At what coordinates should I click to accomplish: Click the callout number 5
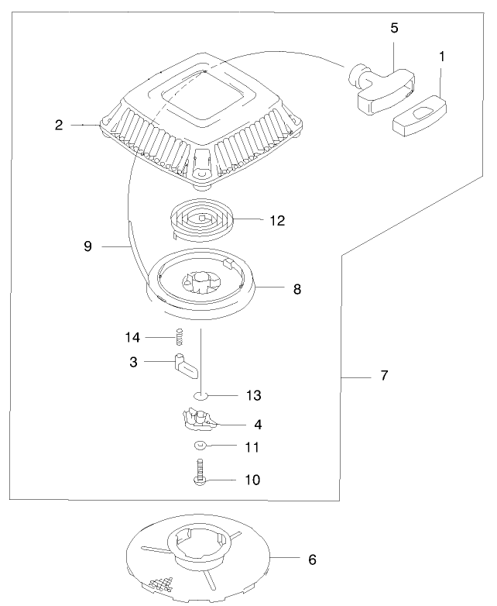tap(395, 28)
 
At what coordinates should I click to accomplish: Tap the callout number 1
tap(441, 56)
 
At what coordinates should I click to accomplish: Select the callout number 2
tap(59, 124)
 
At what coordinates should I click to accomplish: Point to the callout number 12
tap(276, 221)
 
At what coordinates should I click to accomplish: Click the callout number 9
tap(87, 246)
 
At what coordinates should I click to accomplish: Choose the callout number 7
tap(384, 376)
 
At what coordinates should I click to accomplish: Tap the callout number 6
tap(312, 558)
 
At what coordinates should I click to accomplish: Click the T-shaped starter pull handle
tap(381, 87)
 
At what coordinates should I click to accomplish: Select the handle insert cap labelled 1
tap(419, 115)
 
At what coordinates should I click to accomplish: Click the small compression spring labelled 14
tap(179, 337)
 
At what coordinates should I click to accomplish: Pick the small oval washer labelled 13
tap(200, 395)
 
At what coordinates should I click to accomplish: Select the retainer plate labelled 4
tap(197, 420)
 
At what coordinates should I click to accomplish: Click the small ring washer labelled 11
tap(199, 446)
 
